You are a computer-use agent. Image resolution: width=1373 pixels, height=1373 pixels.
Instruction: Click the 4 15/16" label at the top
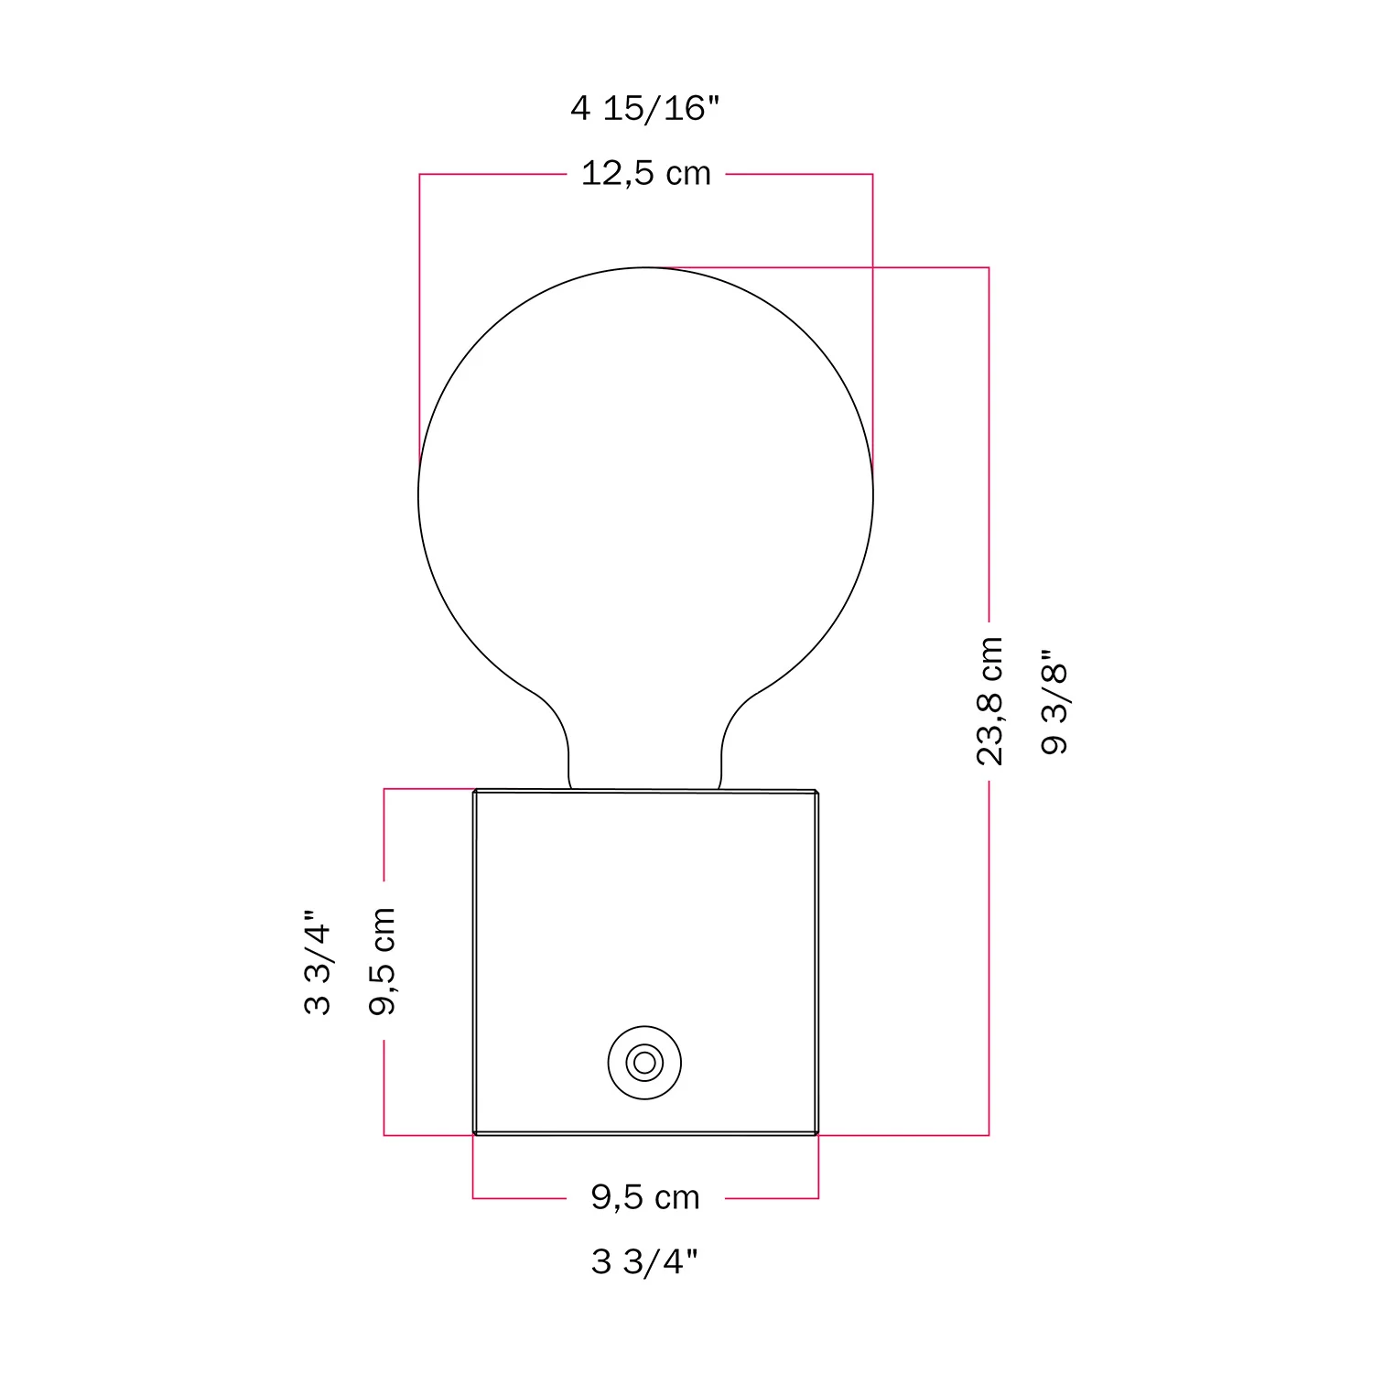tap(645, 108)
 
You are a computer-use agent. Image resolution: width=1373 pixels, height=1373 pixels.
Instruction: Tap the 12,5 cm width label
tap(646, 173)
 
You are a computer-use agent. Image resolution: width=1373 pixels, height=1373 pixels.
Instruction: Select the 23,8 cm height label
tap(989, 701)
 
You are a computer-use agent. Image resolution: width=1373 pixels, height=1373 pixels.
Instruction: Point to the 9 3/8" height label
tap(1054, 702)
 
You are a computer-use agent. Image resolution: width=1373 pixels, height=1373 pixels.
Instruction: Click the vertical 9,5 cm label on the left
tap(382, 961)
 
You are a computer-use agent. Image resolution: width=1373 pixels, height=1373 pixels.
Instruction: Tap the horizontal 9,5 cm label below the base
tap(645, 1197)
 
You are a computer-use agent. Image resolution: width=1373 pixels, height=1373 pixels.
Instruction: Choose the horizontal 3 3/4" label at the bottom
tap(644, 1261)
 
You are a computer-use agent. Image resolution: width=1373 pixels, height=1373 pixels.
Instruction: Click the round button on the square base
tap(644, 1063)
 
